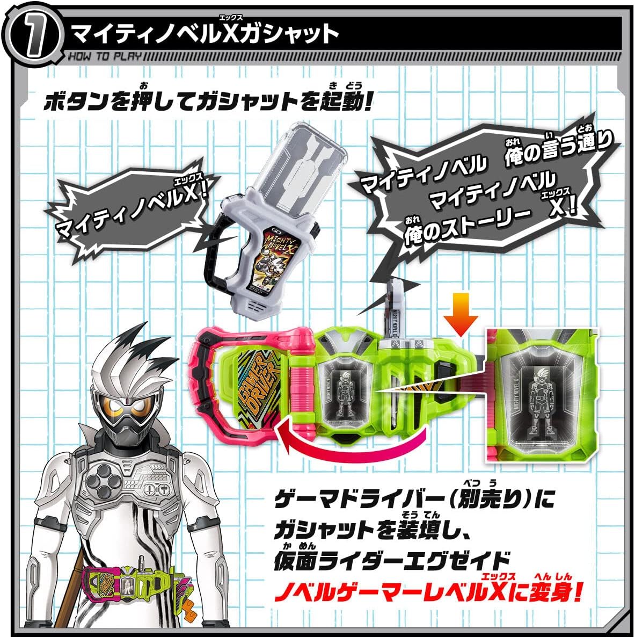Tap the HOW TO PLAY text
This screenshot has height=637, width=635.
(x=104, y=56)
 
